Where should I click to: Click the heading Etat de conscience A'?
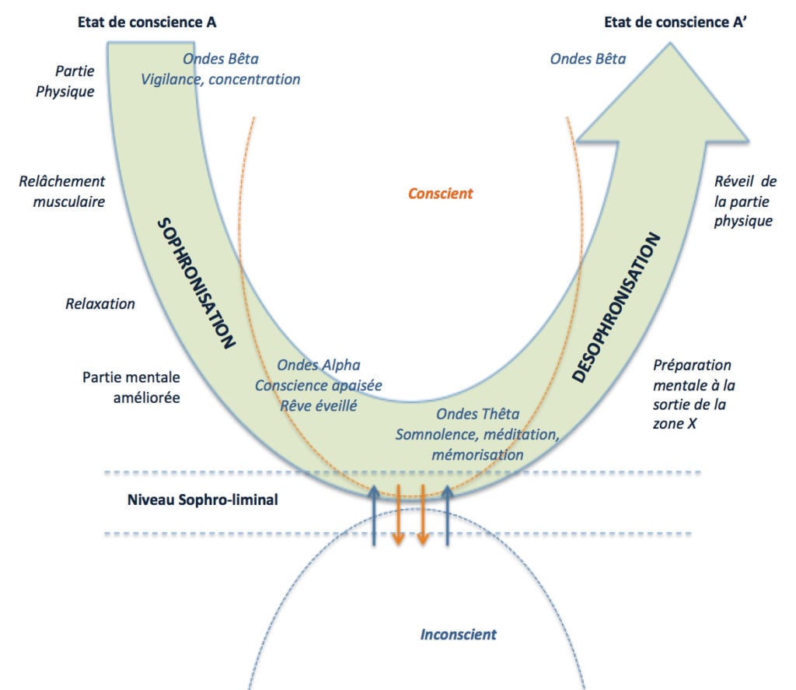tap(680, 23)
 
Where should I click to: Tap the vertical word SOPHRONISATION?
tap(197, 283)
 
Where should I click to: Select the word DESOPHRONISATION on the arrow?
tap(620, 307)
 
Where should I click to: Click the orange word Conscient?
tap(440, 194)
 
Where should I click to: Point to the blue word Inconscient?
tap(458, 634)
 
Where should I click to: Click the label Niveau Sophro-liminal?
tap(202, 500)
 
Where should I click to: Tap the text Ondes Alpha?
tap(318, 365)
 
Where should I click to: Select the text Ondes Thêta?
tap(477, 414)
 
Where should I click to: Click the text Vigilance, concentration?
tap(221, 79)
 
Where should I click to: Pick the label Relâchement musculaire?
tap(61, 191)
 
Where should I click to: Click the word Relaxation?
tap(99, 303)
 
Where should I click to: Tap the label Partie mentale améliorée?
tap(131, 387)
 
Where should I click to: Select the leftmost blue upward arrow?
tap(374, 514)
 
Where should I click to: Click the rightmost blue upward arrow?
tap(448, 514)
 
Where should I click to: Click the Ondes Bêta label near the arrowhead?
tap(587, 58)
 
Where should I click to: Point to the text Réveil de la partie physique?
tap(744, 201)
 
